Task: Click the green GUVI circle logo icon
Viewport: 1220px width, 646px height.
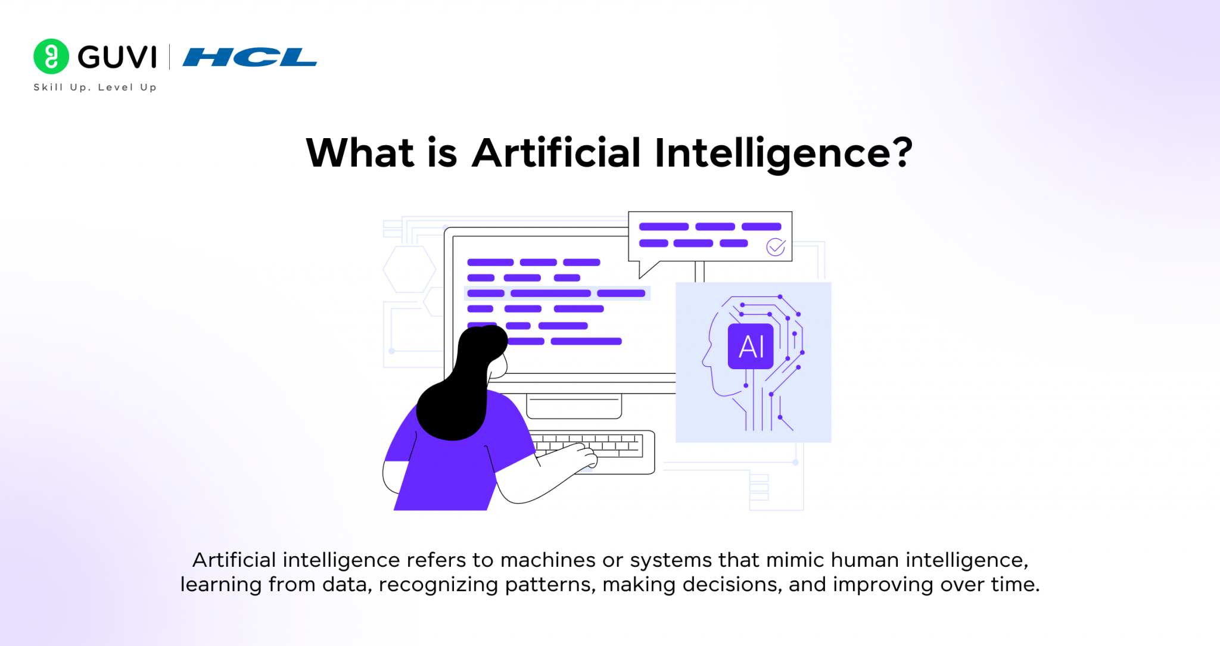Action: click(51, 57)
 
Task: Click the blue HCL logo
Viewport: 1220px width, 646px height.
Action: click(250, 57)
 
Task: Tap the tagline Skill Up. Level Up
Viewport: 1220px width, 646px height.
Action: click(95, 88)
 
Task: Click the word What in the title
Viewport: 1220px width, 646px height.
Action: click(360, 153)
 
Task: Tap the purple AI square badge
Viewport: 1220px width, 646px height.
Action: click(751, 347)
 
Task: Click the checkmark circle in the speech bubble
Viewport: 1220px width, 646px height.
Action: click(776, 246)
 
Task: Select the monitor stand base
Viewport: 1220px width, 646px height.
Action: click(574, 406)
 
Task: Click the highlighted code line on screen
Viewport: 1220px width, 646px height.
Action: click(556, 293)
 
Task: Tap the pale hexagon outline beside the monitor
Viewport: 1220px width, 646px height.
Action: click(409, 269)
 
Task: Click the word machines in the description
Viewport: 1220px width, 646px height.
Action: click(547, 560)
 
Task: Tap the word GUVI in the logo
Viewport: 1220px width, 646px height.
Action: click(117, 57)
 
